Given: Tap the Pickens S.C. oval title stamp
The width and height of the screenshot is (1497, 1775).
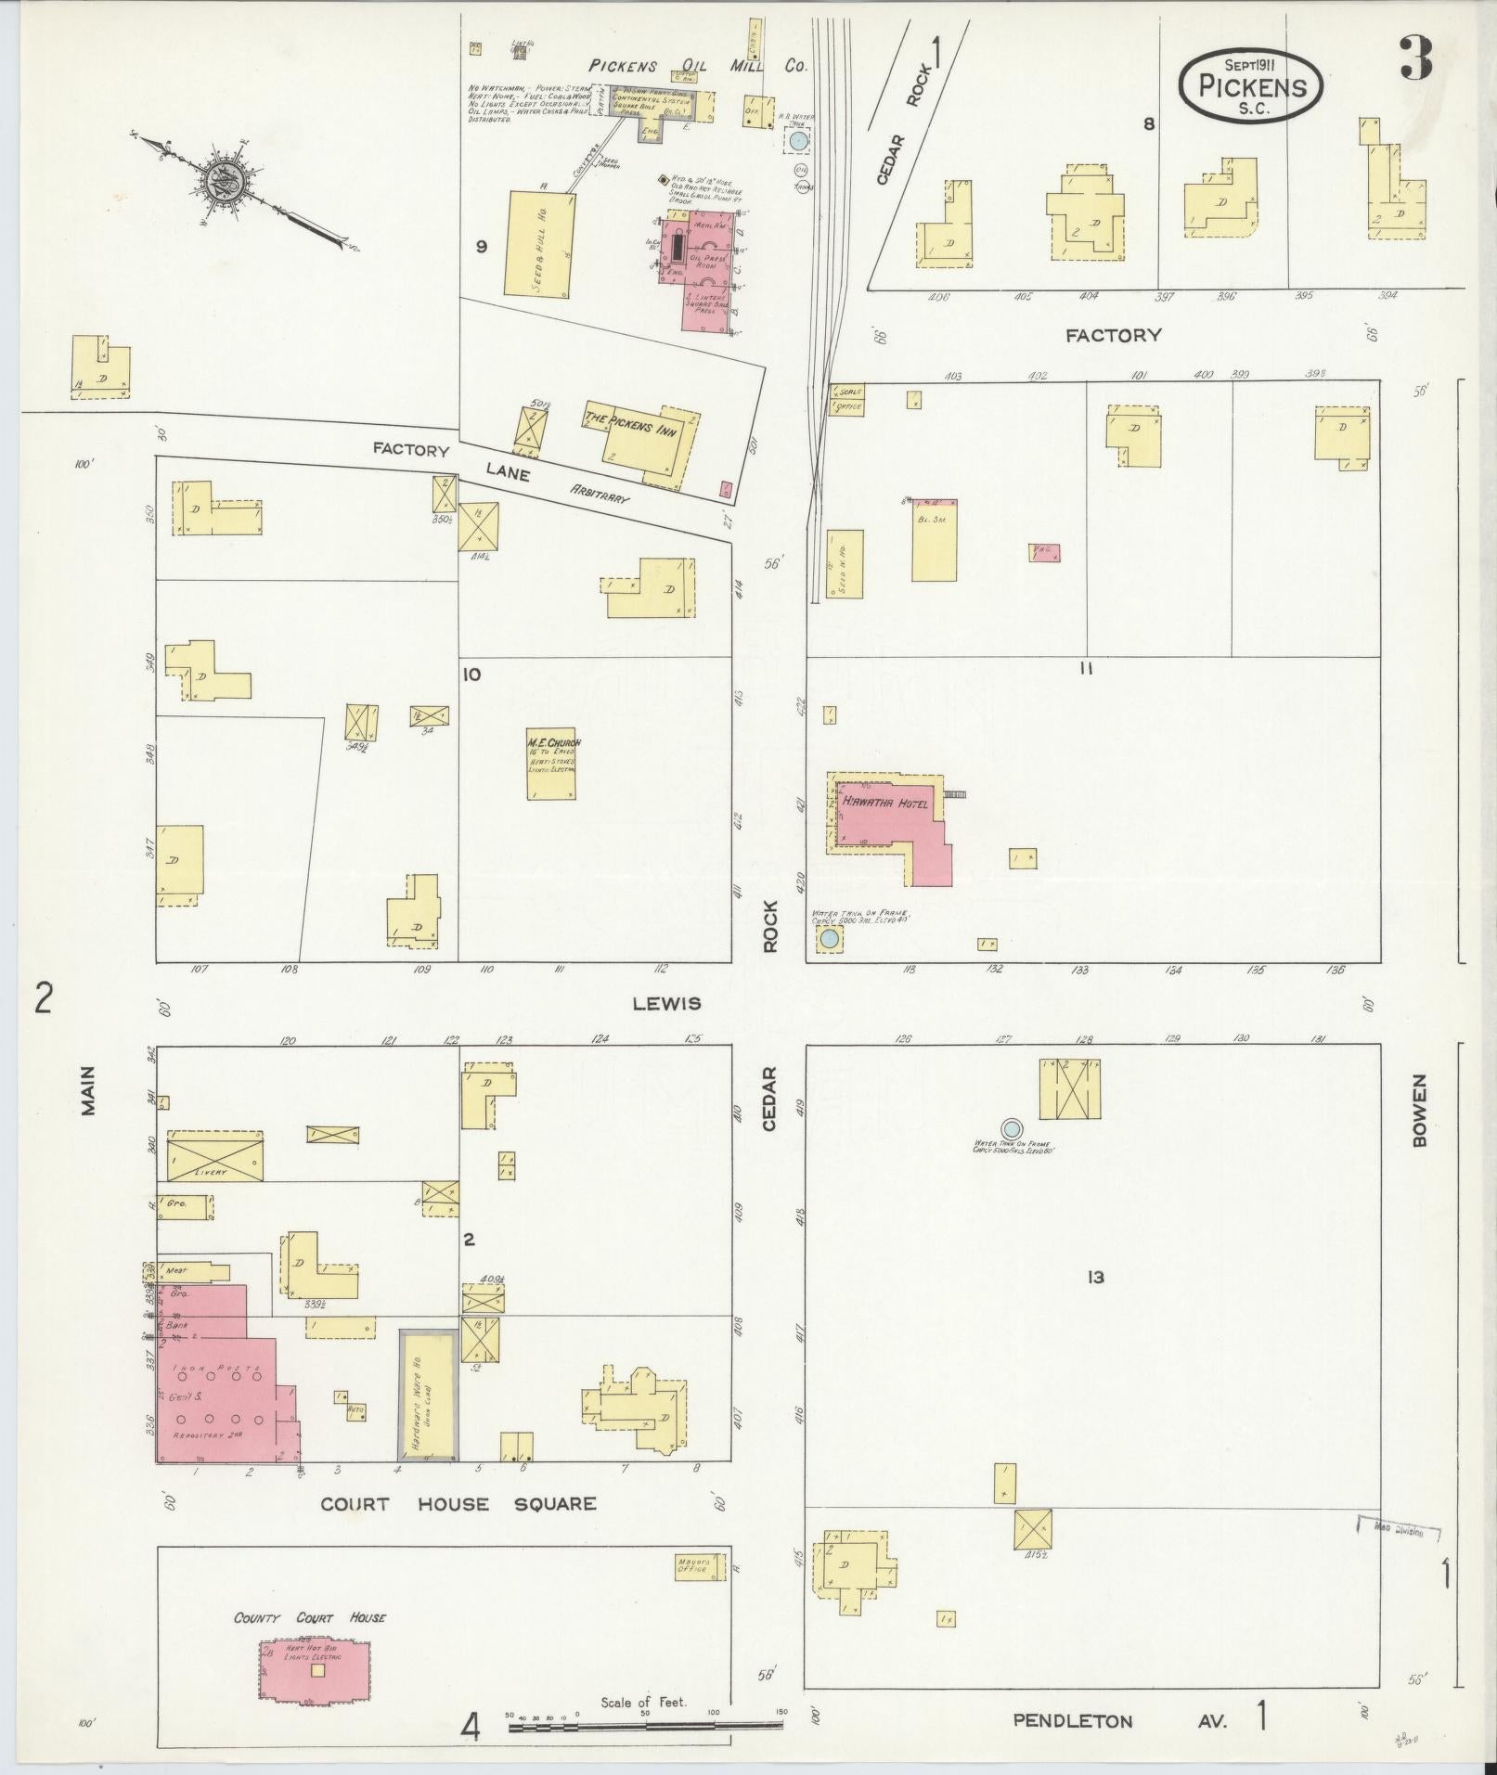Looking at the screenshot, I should click(x=1251, y=84).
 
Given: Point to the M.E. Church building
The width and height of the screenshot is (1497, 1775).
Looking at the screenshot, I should click(x=553, y=763).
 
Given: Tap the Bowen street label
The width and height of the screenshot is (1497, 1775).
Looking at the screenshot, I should click(x=1419, y=1112).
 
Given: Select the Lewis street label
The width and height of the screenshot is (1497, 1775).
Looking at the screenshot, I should click(x=666, y=1003).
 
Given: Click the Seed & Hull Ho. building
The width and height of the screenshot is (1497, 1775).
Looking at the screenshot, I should click(x=540, y=244).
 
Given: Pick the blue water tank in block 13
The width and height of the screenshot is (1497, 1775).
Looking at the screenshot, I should click(x=1012, y=1128).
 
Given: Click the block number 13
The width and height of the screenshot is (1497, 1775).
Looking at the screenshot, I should click(x=1095, y=1278).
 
